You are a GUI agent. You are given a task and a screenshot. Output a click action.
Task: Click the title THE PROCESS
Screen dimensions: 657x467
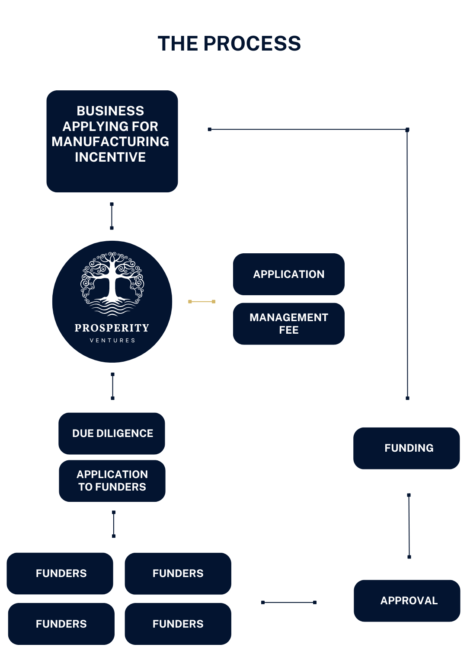pos(229,44)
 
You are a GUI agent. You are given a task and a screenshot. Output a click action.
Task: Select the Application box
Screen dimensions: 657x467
pos(288,274)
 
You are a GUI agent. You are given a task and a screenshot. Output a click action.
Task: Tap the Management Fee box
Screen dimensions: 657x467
pos(288,323)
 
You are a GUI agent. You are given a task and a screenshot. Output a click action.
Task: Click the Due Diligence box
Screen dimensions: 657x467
pos(112,433)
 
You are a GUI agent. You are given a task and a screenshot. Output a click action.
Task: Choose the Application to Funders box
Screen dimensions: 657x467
pos(112,481)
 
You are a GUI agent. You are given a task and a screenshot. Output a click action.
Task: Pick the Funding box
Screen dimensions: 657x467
pos(406,448)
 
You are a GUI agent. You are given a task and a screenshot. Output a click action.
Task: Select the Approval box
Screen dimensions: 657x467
pos(407,600)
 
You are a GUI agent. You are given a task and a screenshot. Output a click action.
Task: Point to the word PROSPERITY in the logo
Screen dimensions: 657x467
pos(112,328)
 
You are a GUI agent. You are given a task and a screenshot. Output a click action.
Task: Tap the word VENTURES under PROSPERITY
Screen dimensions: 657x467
pos(112,341)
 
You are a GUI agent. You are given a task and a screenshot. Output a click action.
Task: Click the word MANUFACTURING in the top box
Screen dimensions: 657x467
pos(110,141)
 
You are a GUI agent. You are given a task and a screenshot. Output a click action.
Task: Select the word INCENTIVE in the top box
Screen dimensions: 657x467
pos(110,157)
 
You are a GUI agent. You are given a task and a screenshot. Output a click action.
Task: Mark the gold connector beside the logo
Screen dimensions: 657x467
pos(202,301)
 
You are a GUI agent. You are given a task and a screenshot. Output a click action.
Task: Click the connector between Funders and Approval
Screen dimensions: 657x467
pos(288,602)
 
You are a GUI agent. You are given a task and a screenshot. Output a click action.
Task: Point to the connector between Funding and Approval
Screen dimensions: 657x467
pos(409,526)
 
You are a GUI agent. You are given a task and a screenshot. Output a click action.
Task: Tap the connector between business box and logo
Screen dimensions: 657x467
pos(112,216)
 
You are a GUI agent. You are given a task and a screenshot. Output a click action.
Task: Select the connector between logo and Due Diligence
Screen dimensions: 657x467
pos(112,386)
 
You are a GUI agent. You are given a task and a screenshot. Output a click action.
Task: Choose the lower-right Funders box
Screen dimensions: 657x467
pos(178,624)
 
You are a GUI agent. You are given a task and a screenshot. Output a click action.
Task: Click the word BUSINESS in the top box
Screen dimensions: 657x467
pos(110,111)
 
